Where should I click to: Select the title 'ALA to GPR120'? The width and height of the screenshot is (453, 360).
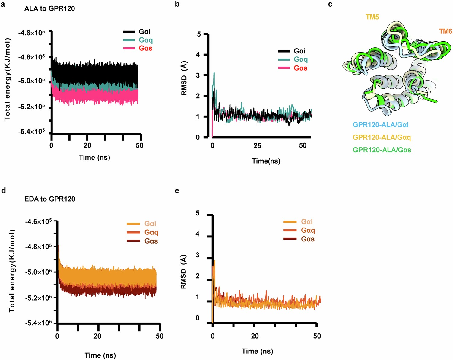[49, 8]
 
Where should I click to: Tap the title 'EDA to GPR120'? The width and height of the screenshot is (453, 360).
[50, 199]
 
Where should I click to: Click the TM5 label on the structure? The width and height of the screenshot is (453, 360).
[372, 17]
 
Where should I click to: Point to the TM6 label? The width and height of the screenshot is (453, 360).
[445, 31]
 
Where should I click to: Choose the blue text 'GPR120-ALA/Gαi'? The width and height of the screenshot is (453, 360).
[381, 125]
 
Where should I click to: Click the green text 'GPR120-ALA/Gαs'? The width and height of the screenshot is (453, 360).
[382, 150]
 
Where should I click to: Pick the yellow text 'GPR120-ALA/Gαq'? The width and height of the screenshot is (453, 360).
[382, 137]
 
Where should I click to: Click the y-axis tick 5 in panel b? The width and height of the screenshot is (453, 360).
[198, 34]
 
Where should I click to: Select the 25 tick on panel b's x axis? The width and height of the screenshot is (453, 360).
[257, 146]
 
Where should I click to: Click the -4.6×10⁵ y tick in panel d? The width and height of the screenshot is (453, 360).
[38, 222]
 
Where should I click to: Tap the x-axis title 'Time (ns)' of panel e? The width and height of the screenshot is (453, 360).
[257, 351]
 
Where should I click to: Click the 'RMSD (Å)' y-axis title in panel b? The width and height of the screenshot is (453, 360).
[184, 78]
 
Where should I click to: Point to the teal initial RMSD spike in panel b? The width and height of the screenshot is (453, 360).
[214, 74]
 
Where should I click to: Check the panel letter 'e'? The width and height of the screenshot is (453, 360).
[177, 190]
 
